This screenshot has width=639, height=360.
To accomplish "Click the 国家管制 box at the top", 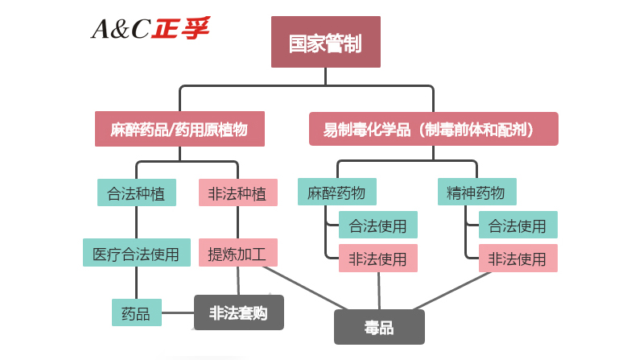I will (325, 43).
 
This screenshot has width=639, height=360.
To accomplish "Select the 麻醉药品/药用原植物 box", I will (179, 129).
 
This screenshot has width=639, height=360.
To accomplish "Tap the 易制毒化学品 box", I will (433, 129).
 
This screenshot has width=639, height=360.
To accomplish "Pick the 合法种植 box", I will (136, 193).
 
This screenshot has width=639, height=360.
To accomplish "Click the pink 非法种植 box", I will (237, 193).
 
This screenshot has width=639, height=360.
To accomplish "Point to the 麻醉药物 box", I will (336, 192).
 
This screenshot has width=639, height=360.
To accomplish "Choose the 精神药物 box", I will (476, 192).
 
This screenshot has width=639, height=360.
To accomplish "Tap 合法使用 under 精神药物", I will (517, 226).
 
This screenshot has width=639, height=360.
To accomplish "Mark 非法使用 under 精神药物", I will (517, 259).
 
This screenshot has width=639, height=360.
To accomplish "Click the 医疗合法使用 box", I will (136, 253).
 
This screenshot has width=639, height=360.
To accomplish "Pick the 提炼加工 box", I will (237, 253).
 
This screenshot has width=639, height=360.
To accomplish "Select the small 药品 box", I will (136, 312).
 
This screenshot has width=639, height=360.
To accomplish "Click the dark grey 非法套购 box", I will (238, 312).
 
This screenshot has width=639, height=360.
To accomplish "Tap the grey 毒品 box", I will (378, 328).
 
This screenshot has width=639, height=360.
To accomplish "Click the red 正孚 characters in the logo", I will (183, 29).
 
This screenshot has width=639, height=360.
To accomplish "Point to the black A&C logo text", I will (121, 30).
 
